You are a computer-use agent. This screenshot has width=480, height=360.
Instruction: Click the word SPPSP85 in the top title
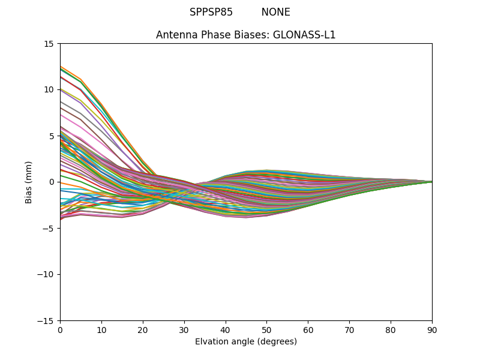point(211,12)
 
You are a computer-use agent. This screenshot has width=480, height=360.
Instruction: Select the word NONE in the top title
point(275,12)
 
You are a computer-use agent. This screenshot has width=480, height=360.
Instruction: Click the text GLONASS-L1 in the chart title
point(304,35)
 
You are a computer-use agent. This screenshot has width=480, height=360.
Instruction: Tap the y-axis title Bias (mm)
point(29,182)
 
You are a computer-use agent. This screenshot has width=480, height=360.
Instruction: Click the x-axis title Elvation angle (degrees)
point(246,342)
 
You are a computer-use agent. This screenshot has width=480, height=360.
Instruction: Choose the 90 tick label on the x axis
point(432,329)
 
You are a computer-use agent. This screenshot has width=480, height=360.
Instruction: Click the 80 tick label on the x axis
point(391,329)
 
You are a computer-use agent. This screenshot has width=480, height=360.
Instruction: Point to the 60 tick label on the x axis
point(308,329)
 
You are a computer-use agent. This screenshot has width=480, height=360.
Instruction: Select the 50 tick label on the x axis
point(266,329)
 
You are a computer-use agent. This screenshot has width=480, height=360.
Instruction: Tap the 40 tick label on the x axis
point(226,329)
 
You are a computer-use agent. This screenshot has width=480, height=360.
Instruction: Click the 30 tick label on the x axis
point(184,329)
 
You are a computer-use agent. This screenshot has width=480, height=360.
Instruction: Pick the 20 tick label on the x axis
point(143,329)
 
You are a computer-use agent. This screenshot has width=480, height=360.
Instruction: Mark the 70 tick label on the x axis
point(349,329)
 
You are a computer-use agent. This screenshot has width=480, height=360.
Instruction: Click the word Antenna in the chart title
point(175,35)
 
